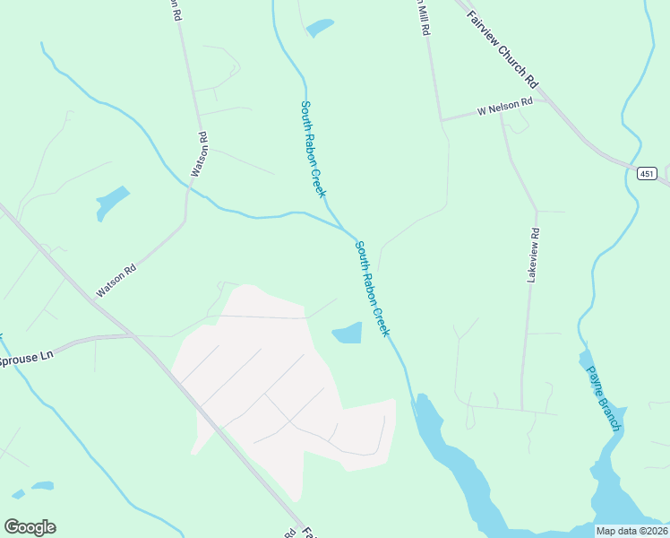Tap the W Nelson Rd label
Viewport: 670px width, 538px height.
pyautogui.click(x=505, y=107)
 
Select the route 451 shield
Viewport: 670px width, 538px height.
pyautogui.click(x=648, y=173)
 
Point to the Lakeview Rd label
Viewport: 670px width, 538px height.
pyautogui.click(x=534, y=256)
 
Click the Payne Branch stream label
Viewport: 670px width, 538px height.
pyautogui.click(x=603, y=397)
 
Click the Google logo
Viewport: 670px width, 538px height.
pyautogui.click(x=30, y=527)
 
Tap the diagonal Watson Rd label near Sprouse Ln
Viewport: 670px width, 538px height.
pyautogui.click(x=116, y=280)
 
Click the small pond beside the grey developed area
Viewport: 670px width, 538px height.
pyautogui.click(x=348, y=334)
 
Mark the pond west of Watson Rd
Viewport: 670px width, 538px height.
pyautogui.click(x=112, y=202)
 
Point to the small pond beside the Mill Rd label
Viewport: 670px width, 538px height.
pyautogui.click(x=320, y=28)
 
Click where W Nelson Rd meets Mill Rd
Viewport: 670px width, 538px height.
pyautogui.click(x=441, y=118)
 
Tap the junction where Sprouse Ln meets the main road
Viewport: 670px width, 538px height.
pyautogui.click(x=133, y=337)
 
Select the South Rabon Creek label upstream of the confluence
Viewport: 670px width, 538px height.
pyautogui.click(x=313, y=149)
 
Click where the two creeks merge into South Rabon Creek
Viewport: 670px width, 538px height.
pyautogui.click(x=345, y=229)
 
